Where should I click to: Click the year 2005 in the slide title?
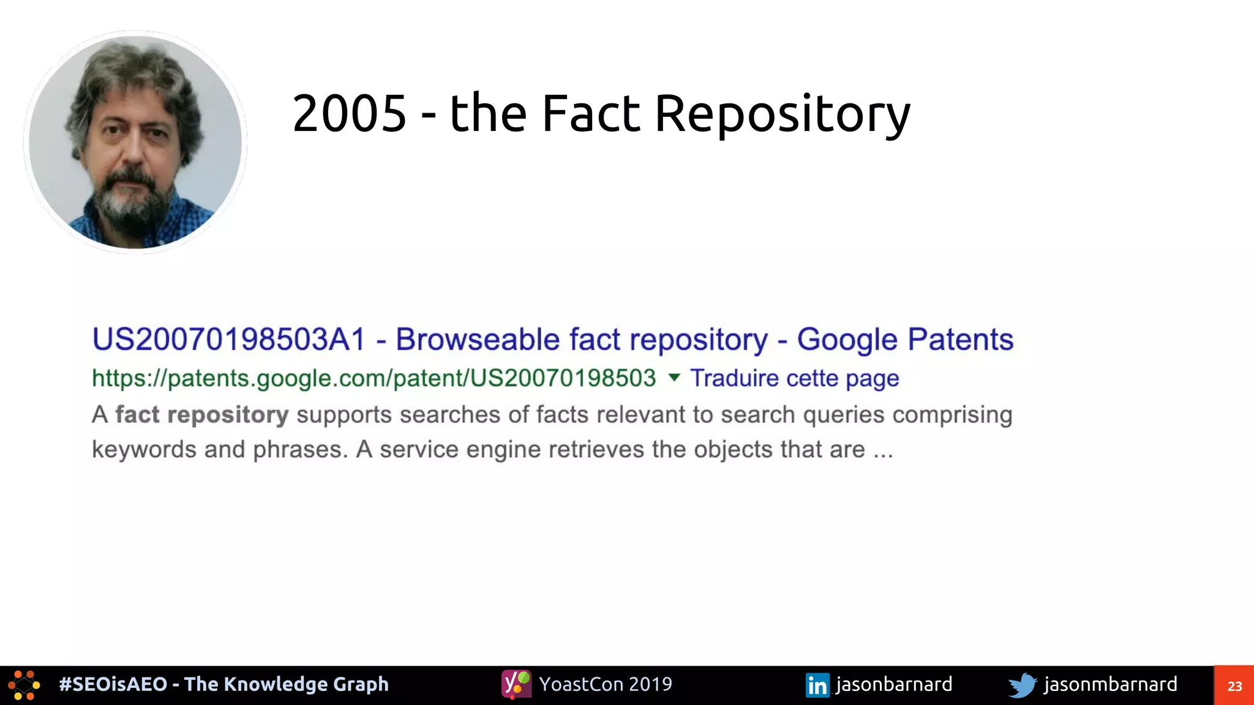coord(349,114)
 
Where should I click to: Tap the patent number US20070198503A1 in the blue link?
coord(229,340)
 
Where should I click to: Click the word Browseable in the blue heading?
coord(478,340)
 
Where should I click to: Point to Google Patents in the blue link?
coord(905,340)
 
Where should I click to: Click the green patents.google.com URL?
coord(374,378)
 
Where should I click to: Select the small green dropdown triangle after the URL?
coord(674,377)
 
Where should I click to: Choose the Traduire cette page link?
coord(794,378)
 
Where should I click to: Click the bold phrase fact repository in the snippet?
coord(202,415)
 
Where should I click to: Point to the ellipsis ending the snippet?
coord(883,451)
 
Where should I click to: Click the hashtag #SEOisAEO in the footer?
coord(113,684)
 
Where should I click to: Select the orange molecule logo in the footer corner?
coord(24,685)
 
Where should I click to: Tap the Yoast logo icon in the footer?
coord(516,684)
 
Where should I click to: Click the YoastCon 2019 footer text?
coord(606,684)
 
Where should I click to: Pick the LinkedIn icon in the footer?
coord(817,685)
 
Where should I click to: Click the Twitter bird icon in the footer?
coord(1022,685)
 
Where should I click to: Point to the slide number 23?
coord(1234,686)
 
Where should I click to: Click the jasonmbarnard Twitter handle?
coord(1110,684)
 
